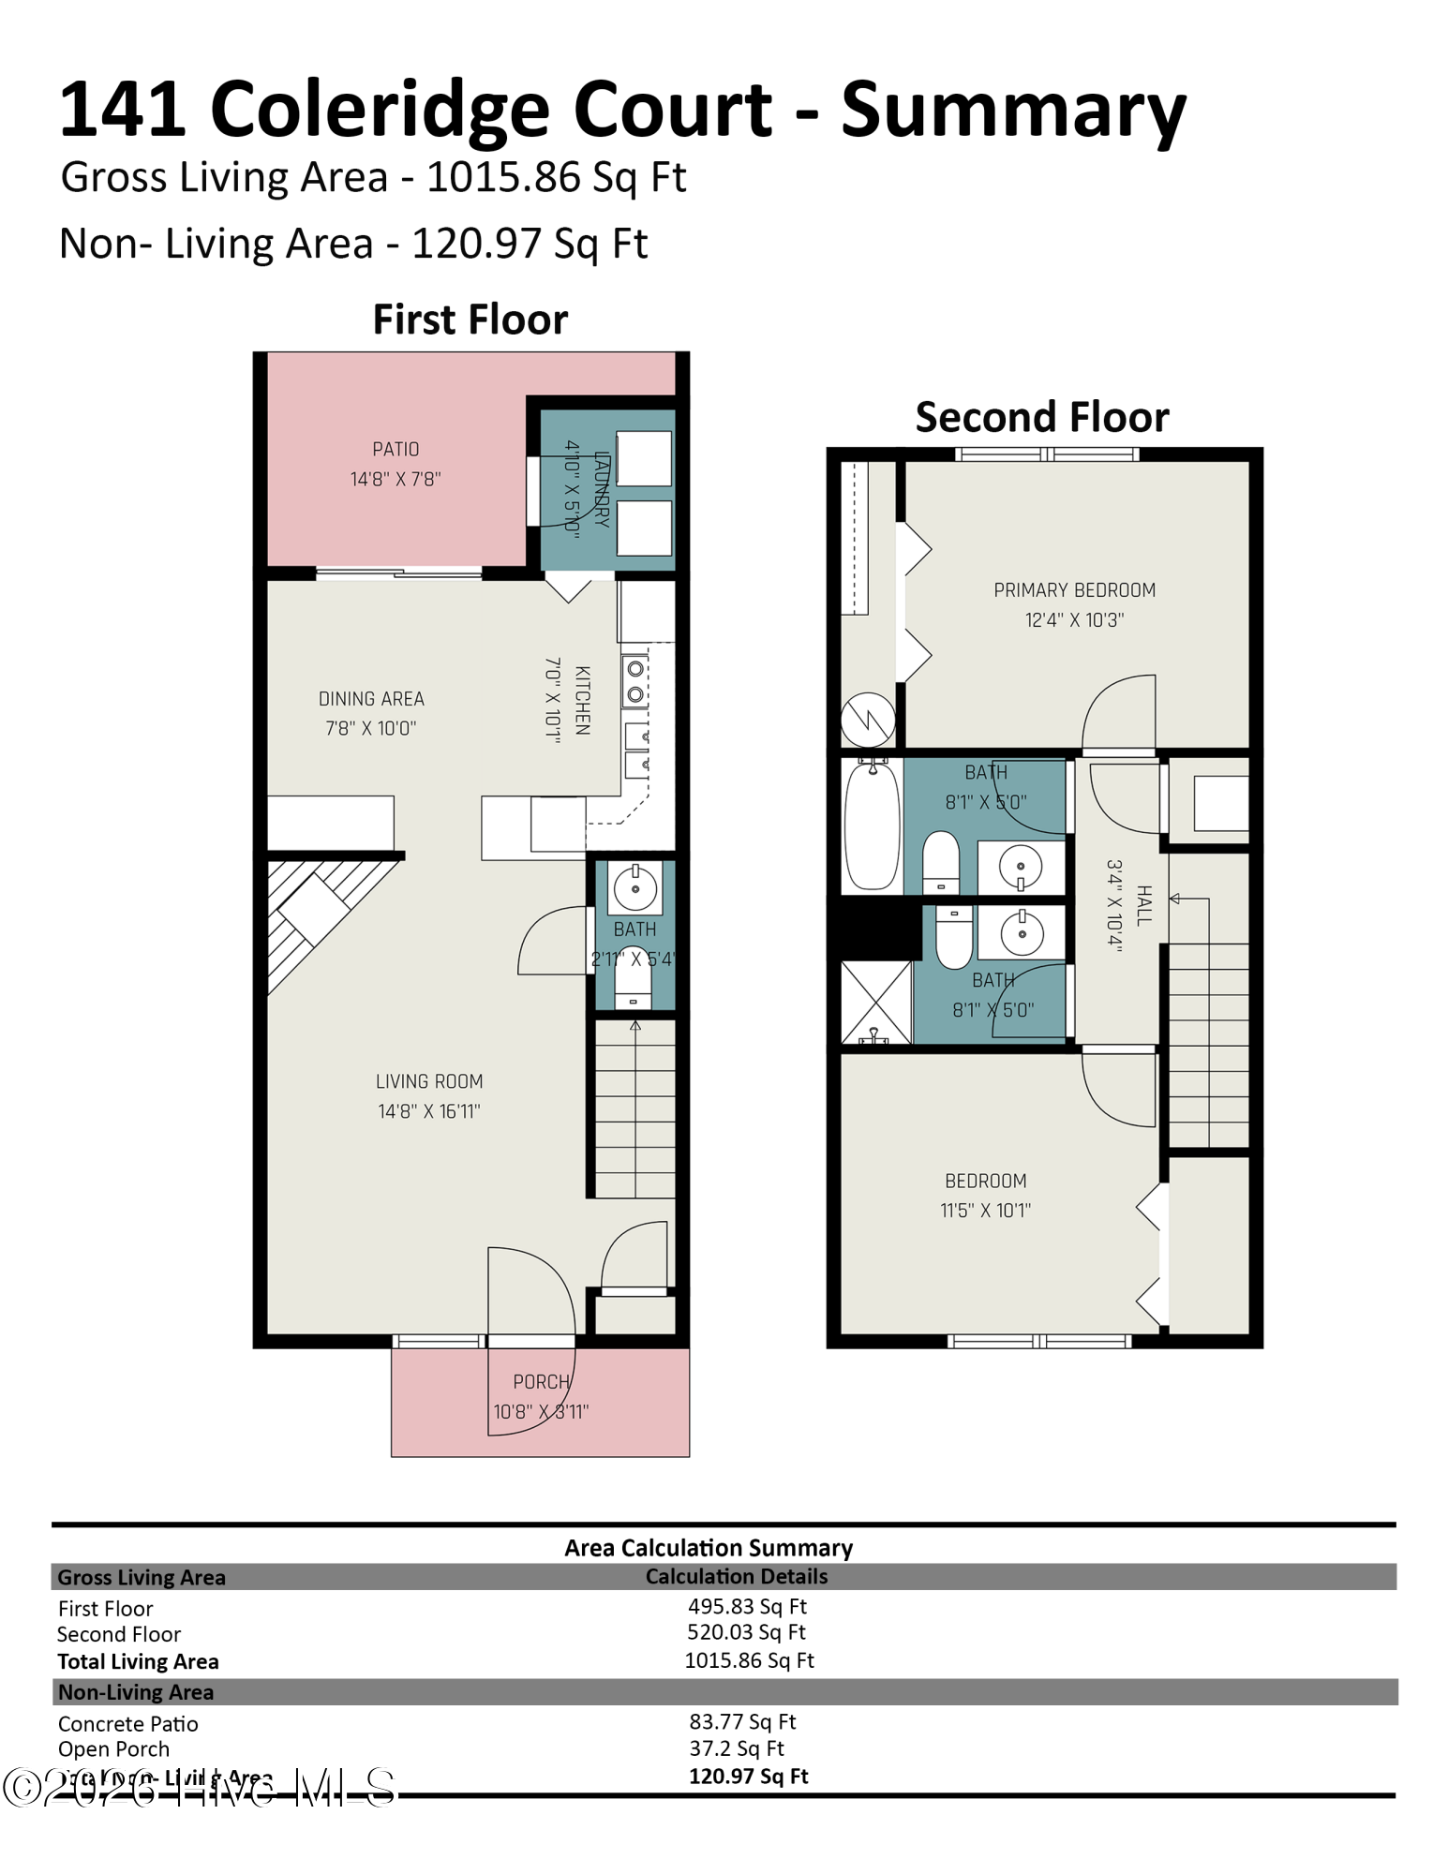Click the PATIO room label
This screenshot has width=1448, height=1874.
pyautogui.click(x=396, y=450)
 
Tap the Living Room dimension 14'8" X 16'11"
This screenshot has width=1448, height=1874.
pyautogui.click(x=428, y=1111)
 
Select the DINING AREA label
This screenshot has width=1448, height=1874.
pyautogui.click(x=371, y=699)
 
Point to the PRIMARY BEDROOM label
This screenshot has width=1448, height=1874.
pyautogui.click(x=1074, y=590)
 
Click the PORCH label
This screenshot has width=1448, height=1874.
pyautogui.click(x=541, y=1382)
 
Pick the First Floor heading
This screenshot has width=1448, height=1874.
pyautogui.click(x=470, y=320)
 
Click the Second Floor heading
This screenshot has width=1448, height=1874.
pyautogui.click(x=1041, y=417)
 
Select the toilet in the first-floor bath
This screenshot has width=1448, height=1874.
pyautogui.click(x=633, y=982)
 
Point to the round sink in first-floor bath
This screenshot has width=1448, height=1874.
pyautogui.click(x=635, y=887)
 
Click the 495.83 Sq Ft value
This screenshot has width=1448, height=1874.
pyautogui.click(x=747, y=1606)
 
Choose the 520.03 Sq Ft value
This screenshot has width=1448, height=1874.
pyautogui.click(x=746, y=1632)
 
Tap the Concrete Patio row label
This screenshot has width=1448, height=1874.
pyautogui.click(x=128, y=1724)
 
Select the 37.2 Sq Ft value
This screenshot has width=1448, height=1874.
pyautogui.click(x=737, y=1748)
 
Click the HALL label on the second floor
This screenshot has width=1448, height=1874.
pyautogui.click(x=1143, y=905)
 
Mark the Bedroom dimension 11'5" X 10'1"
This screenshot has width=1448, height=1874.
pyautogui.click(x=985, y=1211)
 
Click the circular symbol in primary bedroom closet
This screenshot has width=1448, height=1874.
pyautogui.click(x=868, y=720)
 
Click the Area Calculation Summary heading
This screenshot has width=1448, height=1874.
pyautogui.click(x=709, y=1548)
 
